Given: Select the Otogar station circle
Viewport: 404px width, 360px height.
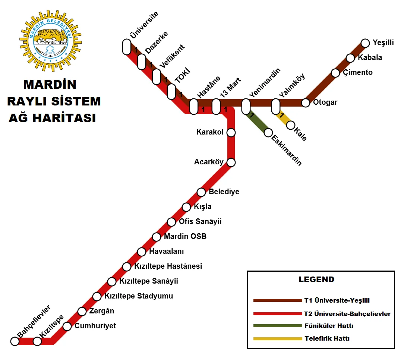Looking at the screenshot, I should [x=306, y=103].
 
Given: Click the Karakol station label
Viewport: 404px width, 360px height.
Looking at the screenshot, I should [x=210, y=132].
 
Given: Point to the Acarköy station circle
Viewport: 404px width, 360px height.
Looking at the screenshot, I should [x=231, y=162].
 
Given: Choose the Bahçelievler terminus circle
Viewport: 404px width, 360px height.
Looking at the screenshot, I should [x=15, y=341].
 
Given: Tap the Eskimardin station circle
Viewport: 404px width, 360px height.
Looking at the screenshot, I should [x=268, y=133].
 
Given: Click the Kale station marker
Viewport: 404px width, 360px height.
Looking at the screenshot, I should [x=291, y=125].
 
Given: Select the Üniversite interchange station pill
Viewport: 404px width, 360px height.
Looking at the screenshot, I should [x=127, y=47].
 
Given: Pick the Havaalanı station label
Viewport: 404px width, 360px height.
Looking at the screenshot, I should [x=166, y=252].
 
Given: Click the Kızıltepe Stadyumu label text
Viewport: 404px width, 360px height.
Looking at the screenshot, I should [x=139, y=296].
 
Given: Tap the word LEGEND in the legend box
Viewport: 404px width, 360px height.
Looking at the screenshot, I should [x=316, y=280].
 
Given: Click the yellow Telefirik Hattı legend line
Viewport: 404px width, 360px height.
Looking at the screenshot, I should [x=277, y=339].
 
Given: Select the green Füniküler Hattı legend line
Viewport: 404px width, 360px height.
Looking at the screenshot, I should [x=277, y=326].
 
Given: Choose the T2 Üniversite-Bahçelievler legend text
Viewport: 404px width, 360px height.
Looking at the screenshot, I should [x=347, y=314].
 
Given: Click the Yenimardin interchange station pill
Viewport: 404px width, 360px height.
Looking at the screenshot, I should [x=246, y=107].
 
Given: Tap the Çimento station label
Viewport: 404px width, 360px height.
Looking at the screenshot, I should [x=358, y=73].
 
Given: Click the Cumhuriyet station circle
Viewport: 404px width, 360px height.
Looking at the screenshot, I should [x=67, y=326].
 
